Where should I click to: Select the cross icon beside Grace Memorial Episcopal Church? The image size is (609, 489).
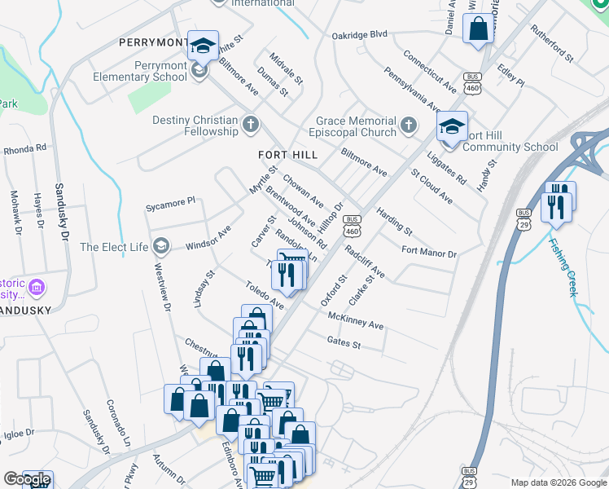click(409, 126)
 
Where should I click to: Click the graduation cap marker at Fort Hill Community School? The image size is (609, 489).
click(451, 127)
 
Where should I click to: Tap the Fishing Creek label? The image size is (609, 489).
click(565, 266)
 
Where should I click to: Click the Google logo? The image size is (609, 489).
click(27, 480)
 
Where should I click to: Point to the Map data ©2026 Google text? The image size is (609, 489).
click(558, 482)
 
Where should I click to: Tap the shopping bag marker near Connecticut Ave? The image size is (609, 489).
click(479, 29)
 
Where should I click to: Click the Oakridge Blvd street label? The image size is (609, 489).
click(359, 35)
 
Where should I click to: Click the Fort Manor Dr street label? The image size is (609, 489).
click(430, 254)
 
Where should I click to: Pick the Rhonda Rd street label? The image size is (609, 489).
click(24, 150)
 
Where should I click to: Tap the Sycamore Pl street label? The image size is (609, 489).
click(170, 200)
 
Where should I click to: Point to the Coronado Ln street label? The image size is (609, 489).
click(117, 421)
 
